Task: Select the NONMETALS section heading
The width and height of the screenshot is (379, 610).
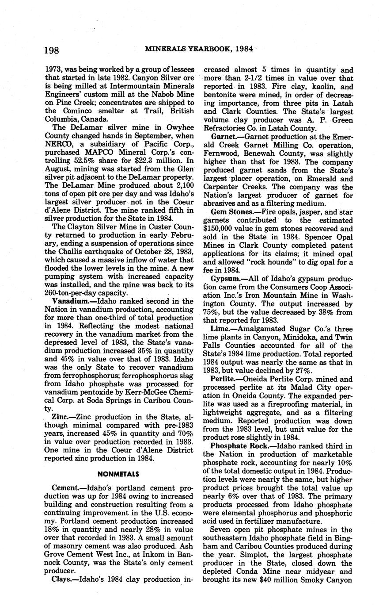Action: click(118, 474)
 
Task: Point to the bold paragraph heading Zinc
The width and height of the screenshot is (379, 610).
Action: click(61, 417)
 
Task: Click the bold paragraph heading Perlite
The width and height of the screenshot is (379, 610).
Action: click(224, 379)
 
